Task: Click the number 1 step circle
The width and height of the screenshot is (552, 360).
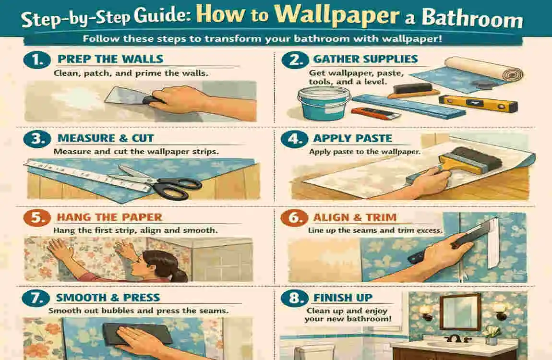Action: tap(35, 60)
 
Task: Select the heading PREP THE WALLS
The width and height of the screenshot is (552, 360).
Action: tap(110, 60)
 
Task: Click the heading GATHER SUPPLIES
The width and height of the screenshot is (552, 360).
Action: tap(365, 60)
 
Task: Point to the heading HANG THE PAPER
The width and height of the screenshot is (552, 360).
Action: tap(109, 217)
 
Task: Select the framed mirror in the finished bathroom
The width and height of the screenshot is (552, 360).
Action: tap(460, 311)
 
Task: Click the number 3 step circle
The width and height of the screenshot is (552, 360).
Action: tap(35, 139)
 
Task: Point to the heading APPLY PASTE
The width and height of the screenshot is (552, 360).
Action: tap(353, 139)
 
